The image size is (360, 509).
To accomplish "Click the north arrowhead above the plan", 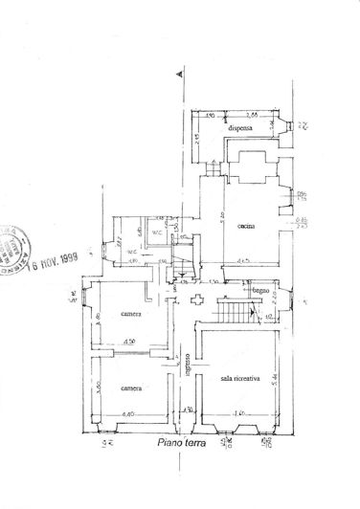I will tap(177, 73).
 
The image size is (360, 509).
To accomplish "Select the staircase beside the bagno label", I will tap(229, 311).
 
